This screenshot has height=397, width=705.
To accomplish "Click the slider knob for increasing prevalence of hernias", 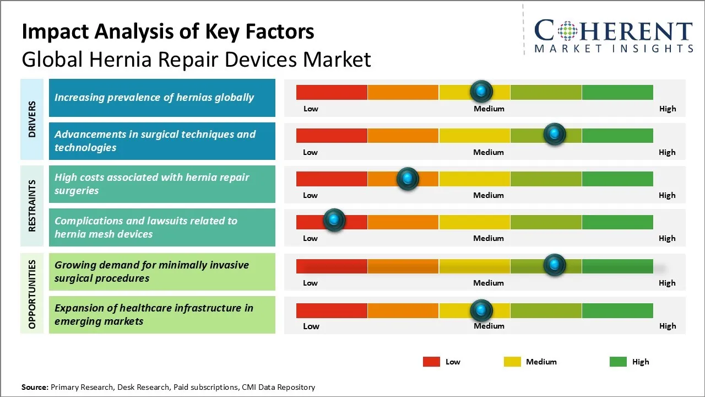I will tap(481, 91).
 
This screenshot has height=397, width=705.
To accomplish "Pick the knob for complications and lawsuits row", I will tap(334, 220).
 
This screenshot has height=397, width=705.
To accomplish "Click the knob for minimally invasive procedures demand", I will tap(554, 265).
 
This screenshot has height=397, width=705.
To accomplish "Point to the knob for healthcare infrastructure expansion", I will tap(481, 310).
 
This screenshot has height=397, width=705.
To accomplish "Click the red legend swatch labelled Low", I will tap(431, 362).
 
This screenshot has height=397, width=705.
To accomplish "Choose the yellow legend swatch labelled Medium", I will tap(512, 362).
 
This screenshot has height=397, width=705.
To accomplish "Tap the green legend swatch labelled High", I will tap(618, 362).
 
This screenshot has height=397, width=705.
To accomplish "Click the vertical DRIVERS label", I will tap(32, 119).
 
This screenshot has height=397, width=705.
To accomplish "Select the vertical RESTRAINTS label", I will tap(32, 206).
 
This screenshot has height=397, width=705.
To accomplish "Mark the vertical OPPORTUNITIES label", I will tap(32, 294).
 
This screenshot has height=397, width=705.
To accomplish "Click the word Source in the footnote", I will tap(35, 387).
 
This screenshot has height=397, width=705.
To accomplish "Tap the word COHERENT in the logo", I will tap(614, 31).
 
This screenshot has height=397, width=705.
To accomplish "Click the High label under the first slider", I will tap(667, 109).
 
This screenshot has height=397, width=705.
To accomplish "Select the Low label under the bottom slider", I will tap(311, 326).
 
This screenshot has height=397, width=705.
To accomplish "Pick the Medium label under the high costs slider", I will tap(488, 195).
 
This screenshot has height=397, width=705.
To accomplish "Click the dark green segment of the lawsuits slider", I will tap(617, 222).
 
